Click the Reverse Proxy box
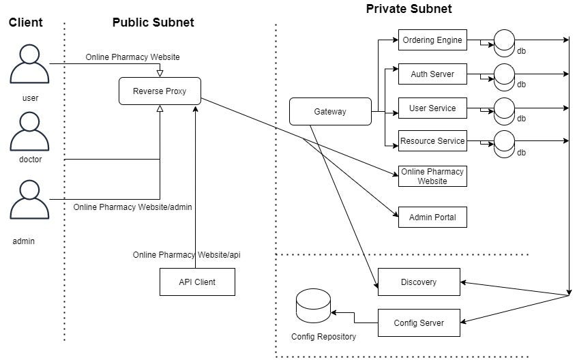[160, 91]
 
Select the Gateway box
[330, 111]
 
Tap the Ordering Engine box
[432, 40]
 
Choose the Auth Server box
[432, 74]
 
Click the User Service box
[432, 108]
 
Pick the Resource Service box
[432, 141]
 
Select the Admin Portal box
[432, 217]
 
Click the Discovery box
[419, 282]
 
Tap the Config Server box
[419, 323]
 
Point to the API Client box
[197, 282]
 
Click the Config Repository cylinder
[313, 306]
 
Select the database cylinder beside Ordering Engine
[504, 44]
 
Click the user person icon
[29, 64]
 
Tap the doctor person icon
[29, 132]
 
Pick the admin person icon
[29, 200]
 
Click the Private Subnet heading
[409, 9]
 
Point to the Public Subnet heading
[153, 22]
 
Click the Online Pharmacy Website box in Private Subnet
[432, 176]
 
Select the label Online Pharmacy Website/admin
[132, 207]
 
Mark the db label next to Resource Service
[522, 153]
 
